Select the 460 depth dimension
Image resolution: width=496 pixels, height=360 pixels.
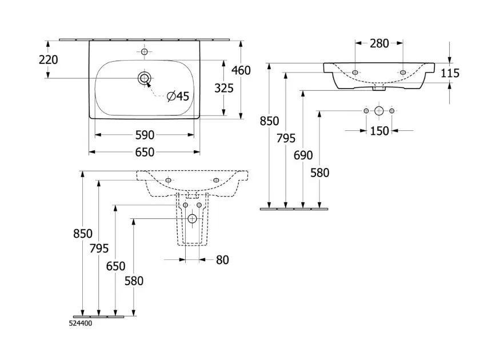[x=241, y=70]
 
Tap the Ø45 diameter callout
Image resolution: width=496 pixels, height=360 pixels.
[x=178, y=97]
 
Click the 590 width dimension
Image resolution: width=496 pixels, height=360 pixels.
[x=145, y=135]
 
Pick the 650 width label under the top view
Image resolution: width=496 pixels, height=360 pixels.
[x=145, y=152]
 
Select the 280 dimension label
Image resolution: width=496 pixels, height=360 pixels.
[x=379, y=43]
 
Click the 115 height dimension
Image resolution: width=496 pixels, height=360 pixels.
[x=450, y=73]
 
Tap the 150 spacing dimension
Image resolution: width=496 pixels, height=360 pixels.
[x=379, y=131]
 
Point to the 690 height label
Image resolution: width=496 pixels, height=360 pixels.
[x=304, y=156]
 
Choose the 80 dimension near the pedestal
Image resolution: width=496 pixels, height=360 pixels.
[x=222, y=260]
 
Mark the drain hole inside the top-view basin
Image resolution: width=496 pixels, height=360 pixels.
[x=144, y=77]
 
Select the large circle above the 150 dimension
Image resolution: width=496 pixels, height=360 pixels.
[x=379, y=110]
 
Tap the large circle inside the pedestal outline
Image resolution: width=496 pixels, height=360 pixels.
[x=192, y=218]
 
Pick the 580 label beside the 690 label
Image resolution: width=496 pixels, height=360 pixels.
[x=320, y=173]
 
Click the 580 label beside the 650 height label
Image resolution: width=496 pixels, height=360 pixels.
[x=134, y=281]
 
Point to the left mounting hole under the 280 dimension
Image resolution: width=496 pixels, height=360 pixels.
[x=355, y=73]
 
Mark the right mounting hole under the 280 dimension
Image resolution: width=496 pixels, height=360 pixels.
[x=403, y=73]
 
